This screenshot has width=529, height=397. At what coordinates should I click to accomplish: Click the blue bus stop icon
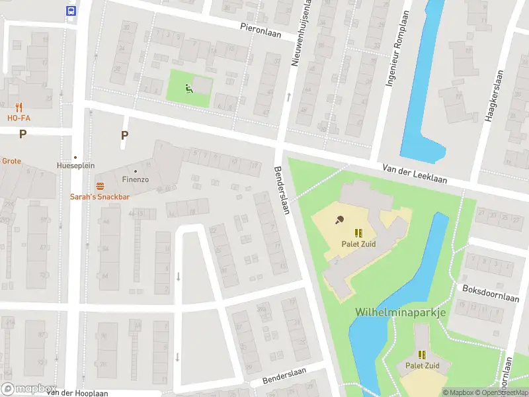click(71, 11)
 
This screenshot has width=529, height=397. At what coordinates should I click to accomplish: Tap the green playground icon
click(189, 89)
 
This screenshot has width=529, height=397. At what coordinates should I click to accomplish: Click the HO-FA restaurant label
click(19, 118)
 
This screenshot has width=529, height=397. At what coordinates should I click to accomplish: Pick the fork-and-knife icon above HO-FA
click(19, 107)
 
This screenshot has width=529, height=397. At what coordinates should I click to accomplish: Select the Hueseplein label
click(75, 165)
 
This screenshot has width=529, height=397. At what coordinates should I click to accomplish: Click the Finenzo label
click(136, 179)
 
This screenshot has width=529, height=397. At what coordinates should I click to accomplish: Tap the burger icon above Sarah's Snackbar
click(101, 186)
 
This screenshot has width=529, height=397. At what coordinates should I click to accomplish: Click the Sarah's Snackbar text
click(100, 197)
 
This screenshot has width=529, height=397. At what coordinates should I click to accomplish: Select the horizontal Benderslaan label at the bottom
click(286, 378)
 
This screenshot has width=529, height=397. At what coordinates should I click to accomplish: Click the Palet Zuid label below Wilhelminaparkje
click(423, 365)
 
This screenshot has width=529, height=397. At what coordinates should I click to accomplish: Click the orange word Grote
click(11, 161)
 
